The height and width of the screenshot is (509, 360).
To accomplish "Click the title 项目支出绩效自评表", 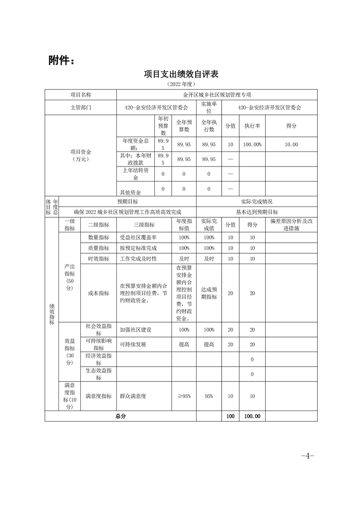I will point(181,74).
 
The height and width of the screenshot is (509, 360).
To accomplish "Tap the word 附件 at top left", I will point(61,60).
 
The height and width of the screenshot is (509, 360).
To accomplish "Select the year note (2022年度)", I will point(181,84).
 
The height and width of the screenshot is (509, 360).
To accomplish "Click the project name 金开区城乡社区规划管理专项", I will point(217,95).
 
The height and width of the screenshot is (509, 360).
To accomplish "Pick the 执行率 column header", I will point(252,126).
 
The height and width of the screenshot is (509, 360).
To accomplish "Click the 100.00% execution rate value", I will point(252,144).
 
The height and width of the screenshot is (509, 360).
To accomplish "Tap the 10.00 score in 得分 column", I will point(291,144).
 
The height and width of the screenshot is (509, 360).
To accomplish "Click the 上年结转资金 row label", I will point(136,174).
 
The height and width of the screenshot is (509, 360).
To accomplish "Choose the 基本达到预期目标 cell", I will point(256,212).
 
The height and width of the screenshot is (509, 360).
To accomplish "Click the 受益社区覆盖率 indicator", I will point(138,237).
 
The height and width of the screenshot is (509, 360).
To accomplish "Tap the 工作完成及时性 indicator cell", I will point(138,259).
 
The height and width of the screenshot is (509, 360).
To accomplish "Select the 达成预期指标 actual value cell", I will point(209,293).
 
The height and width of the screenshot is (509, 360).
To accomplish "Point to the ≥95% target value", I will point(184,396).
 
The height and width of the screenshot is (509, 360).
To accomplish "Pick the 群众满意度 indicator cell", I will point(133,396).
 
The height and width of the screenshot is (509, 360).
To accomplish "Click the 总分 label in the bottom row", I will point(120,416).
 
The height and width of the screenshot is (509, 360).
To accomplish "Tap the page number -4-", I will point(307,455).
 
